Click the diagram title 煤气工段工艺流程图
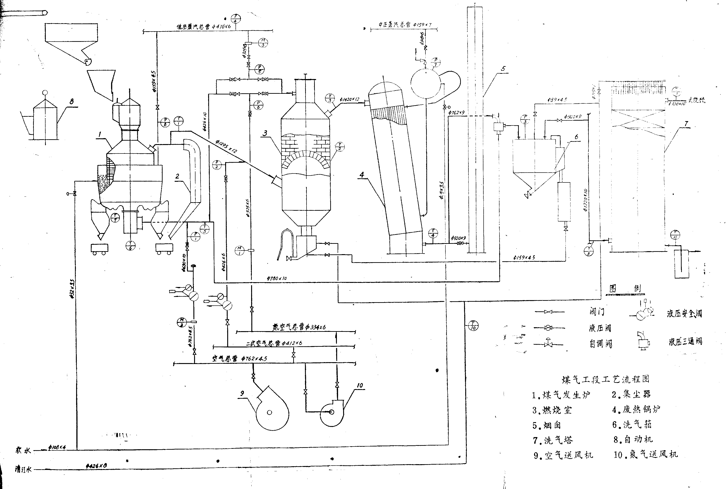(605, 379)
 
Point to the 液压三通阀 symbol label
(685, 341)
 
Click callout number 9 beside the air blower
(242, 394)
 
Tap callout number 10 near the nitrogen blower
(360, 385)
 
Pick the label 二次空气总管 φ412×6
(274, 343)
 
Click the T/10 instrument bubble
(473, 326)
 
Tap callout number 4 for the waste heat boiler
(362, 175)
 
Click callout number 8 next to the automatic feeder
(72, 101)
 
